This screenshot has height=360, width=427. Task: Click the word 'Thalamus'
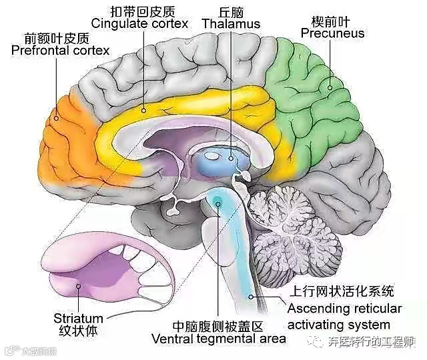(231, 25)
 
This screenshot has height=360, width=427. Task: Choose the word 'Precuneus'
(332, 33)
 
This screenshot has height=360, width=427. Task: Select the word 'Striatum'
(78, 318)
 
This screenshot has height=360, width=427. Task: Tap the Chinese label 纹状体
(78, 331)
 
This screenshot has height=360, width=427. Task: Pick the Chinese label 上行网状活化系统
(341, 291)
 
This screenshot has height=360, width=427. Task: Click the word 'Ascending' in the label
(318, 309)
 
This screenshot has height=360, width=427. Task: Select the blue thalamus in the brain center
(224, 160)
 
